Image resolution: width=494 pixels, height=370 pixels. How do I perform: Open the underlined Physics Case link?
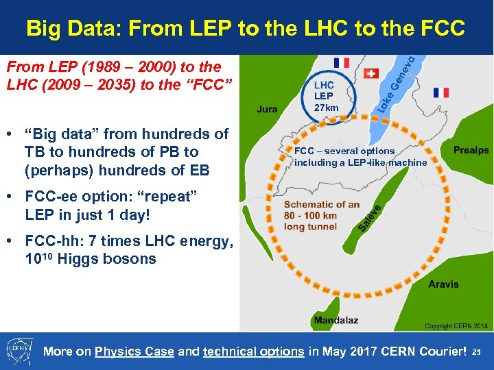tap(134, 351)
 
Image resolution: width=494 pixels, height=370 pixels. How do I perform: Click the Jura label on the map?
tap(267, 109)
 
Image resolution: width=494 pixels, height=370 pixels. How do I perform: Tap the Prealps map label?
tap(471, 149)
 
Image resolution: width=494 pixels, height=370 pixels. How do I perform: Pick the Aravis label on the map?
tap(443, 284)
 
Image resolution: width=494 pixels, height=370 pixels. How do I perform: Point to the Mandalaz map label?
tap(336, 320)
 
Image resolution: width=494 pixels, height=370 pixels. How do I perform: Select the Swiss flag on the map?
tap(371, 73)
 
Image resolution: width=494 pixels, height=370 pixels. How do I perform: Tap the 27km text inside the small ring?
tap(326, 108)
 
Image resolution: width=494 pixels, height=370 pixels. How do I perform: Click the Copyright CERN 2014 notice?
tap(456, 326)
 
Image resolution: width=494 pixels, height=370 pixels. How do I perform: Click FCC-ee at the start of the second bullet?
tap(49, 197)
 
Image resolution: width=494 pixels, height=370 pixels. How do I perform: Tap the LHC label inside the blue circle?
tap(324, 86)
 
